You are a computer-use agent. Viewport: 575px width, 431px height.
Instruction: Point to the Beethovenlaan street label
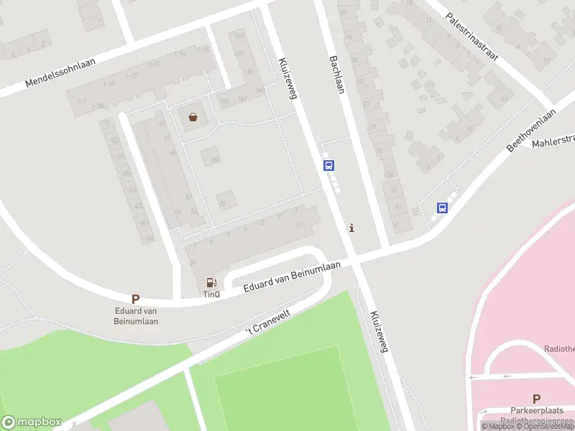click(532, 130)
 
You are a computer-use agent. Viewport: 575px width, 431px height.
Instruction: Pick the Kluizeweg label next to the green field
click(379, 332)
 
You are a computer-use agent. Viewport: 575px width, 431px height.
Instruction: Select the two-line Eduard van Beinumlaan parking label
click(137, 316)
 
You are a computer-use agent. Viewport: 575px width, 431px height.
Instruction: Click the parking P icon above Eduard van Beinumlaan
click(135, 299)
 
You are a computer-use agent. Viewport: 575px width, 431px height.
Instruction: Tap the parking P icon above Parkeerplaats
click(536, 399)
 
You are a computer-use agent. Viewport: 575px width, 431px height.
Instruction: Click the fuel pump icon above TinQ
click(211, 283)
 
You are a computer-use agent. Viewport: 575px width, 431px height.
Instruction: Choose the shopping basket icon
click(193, 117)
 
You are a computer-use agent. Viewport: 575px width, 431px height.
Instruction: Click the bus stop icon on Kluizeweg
click(329, 165)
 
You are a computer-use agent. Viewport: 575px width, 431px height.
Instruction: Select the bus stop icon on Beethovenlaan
click(442, 208)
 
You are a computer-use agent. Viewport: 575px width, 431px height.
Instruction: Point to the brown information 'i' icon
click(351, 228)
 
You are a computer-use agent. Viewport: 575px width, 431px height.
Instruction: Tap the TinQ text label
click(211, 295)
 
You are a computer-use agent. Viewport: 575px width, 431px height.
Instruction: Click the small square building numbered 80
click(211, 156)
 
